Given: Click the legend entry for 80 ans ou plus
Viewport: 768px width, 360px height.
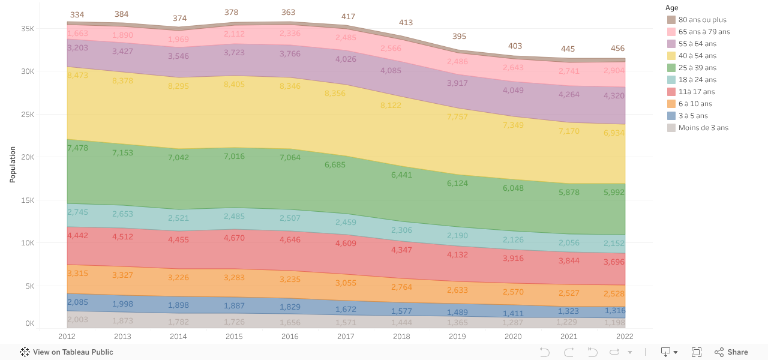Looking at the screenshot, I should point(701,20).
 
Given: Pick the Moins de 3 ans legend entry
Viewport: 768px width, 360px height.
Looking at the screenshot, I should point(703,128).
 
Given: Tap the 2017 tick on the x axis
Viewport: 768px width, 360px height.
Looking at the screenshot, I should point(346,337).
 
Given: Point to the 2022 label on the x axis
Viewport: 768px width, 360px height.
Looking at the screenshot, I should point(625,337).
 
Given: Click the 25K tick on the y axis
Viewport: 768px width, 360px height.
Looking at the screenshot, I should point(28,115).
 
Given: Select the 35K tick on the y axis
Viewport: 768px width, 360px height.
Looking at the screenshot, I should point(28,29).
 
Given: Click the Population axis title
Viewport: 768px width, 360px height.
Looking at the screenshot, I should point(13,164).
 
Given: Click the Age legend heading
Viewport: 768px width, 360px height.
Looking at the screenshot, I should point(671,8).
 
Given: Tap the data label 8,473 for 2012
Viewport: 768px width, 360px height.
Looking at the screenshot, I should point(77,76).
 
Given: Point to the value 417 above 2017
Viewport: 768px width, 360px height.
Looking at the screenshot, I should point(348,17).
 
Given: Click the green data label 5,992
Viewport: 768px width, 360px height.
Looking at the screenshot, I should point(614,193).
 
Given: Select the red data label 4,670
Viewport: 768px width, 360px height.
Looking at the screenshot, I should point(235,238).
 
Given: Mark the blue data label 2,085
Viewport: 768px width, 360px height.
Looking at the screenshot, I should point(77,302).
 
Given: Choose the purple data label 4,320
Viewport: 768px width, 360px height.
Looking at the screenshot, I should point(614,95).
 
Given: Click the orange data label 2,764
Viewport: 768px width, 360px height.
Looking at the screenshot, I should point(401,287).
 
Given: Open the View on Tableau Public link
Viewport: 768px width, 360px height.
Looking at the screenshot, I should point(67,352).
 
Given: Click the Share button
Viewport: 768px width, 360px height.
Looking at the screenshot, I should point(731,352).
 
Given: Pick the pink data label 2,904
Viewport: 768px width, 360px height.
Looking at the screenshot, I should point(614,70).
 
